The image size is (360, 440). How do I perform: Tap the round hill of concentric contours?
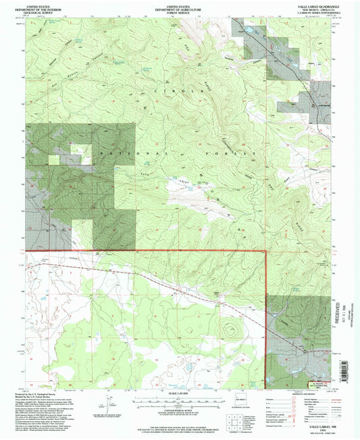coord(232,331)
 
